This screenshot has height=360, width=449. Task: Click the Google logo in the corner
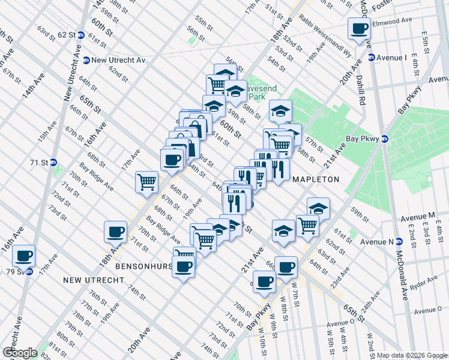click(20, 353)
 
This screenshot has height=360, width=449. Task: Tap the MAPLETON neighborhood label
click(316, 179)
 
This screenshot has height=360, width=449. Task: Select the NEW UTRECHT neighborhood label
click(93, 280)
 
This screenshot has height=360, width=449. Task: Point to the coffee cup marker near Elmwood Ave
click(360, 29)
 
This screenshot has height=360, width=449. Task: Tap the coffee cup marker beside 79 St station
click(23, 256)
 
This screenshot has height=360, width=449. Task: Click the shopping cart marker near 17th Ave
click(147, 182)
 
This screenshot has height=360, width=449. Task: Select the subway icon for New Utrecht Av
click(86, 60)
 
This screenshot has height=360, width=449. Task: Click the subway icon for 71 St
click(53, 162)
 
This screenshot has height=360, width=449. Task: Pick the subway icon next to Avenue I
click(372, 58)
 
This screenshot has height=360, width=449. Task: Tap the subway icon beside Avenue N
click(399, 242)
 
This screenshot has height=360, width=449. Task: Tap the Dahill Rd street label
click(362, 94)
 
